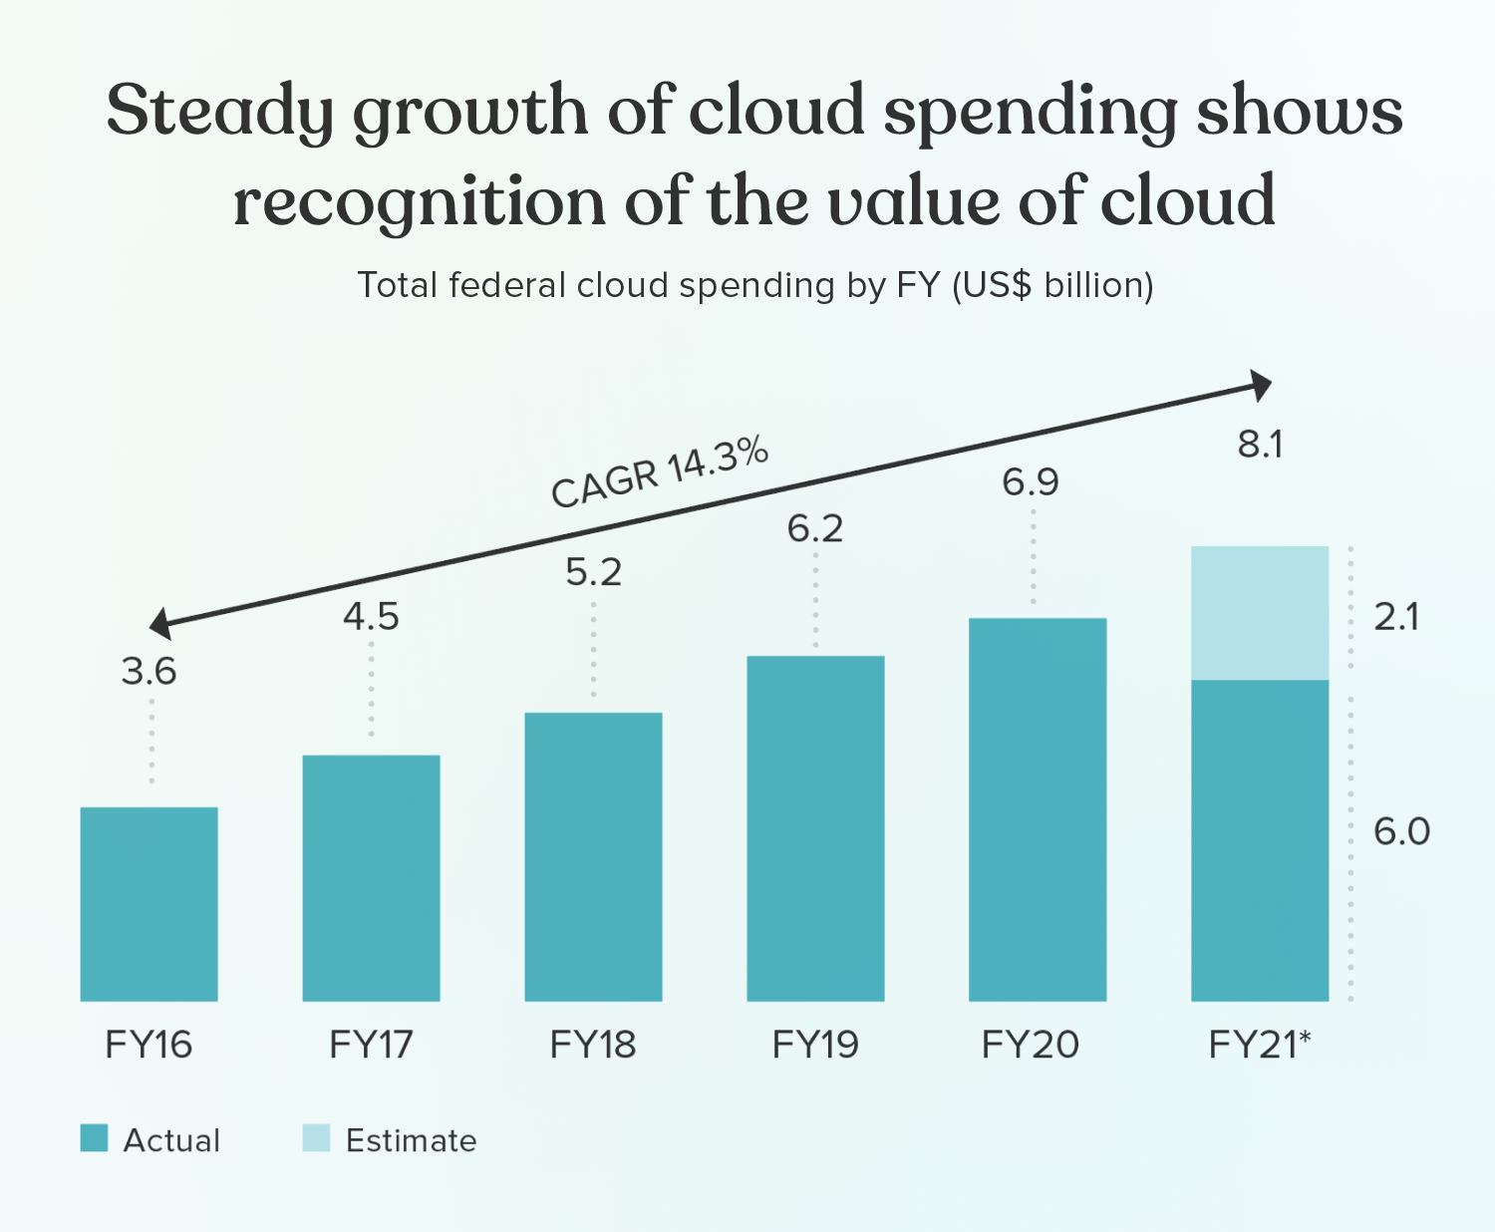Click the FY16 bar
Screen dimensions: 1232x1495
click(x=149, y=903)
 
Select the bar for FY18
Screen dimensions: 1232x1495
click(x=593, y=856)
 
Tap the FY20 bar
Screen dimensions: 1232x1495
click(x=1038, y=808)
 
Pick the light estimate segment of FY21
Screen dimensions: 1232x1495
click(x=1260, y=612)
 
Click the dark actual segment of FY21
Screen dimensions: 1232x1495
click(x=1260, y=839)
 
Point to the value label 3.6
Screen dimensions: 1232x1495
click(x=149, y=672)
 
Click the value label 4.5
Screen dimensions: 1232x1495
click(x=371, y=617)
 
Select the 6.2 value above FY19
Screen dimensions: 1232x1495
click(x=815, y=528)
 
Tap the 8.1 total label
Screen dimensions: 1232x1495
click(x=1260, y=445)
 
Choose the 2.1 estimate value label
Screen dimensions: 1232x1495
click(x=1396, y=618)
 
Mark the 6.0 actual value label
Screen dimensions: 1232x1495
click(x=1401, y=831)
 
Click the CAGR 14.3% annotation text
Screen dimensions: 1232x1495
click(x=660, y=472)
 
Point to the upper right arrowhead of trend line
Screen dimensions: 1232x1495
click(x=1262, y=385)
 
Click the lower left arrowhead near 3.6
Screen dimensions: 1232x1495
click(x=160, y=625)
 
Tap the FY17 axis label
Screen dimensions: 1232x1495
click(x=371, y=1045)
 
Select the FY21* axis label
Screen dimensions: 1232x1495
click(x=1260, y=1045)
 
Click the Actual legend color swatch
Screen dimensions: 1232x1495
click(x=94, y=1138)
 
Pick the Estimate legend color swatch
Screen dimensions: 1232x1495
click(x=316, y=1138)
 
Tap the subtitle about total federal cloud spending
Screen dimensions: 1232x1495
click(x=755, y=285)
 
